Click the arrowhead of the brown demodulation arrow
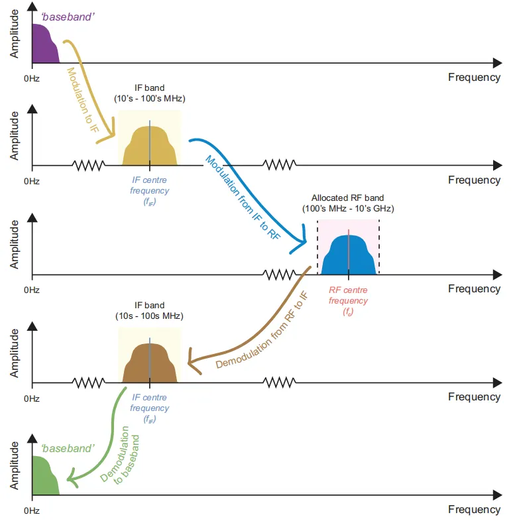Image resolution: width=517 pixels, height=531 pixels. (193, 361)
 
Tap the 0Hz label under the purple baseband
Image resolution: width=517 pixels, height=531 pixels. (31, 78)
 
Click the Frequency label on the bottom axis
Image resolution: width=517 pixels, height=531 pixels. (474, 509)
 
